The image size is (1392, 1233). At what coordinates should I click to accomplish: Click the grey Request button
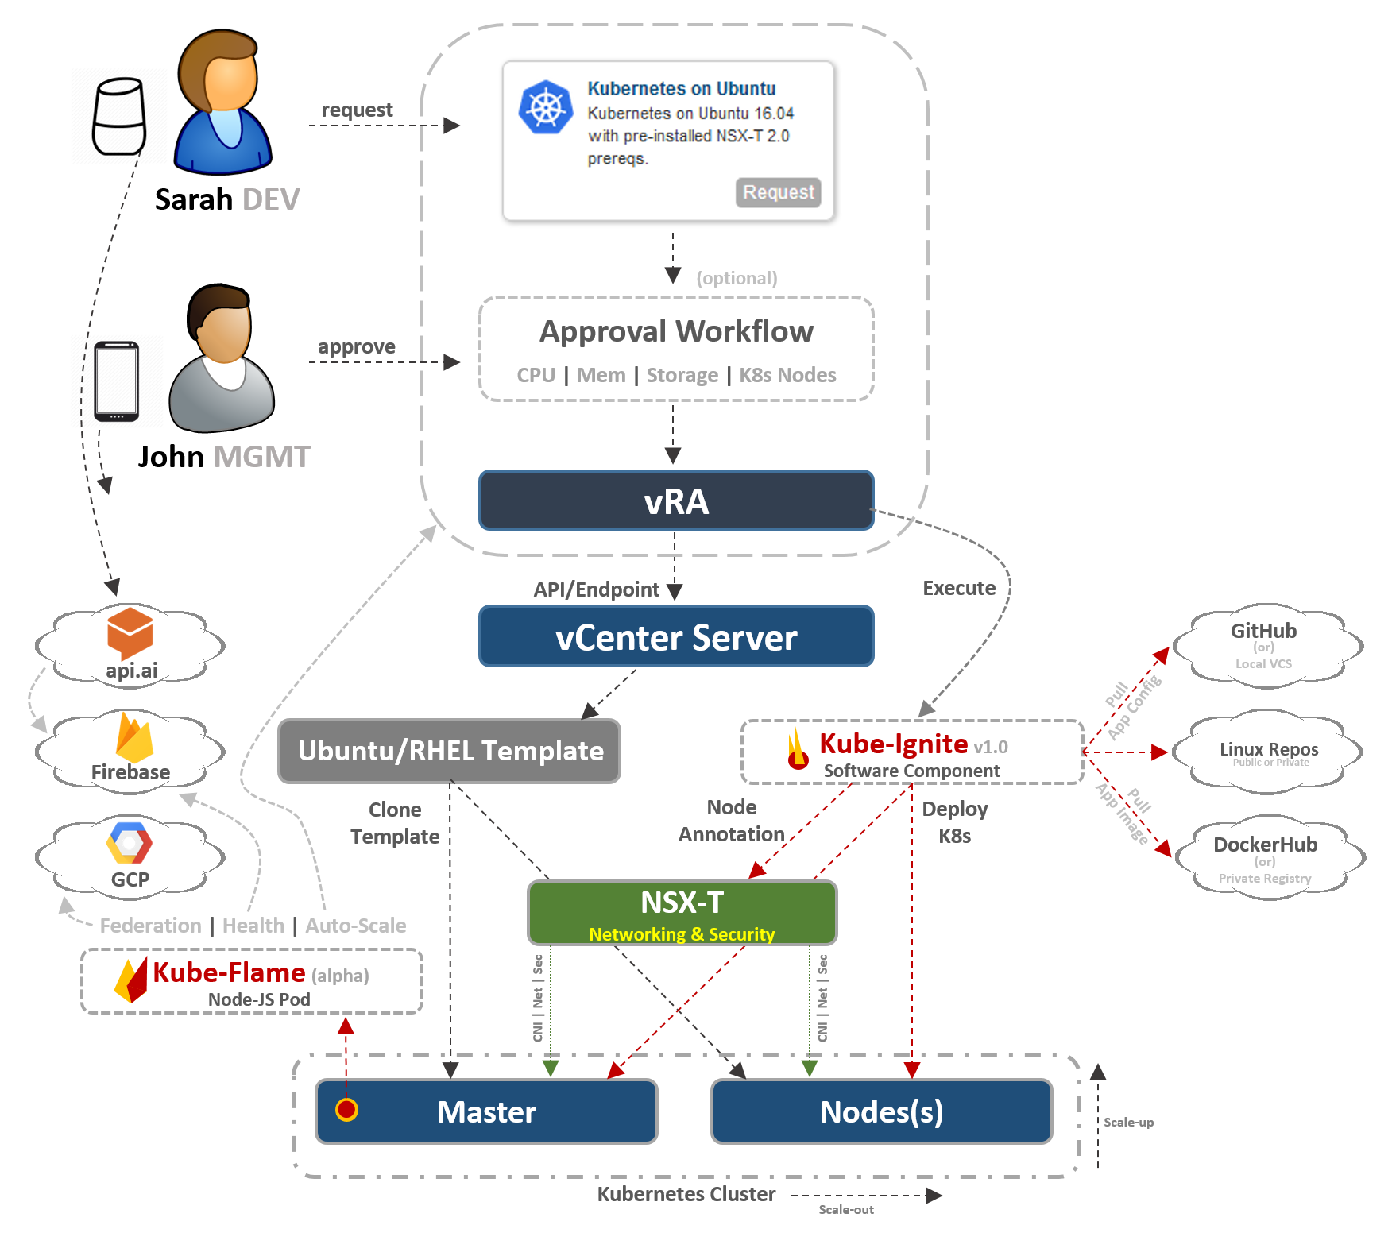click(x=778, y=192)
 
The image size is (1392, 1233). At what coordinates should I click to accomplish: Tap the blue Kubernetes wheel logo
click(x=546, y=107)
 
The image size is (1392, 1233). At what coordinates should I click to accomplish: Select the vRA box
click(x=676, y=501)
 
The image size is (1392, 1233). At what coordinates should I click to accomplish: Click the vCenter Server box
click(x=676, y=636)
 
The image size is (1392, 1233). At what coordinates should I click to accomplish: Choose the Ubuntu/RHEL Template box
click(x=449, y=751)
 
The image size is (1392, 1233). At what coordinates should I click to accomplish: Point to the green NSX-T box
click(x=682, y=912)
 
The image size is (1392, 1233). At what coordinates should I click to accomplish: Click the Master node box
click(x=486, y=1111)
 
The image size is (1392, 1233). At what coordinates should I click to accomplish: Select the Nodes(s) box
click(x=881, y=1111)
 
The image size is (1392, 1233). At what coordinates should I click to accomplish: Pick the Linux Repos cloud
click(x=1268, y=752)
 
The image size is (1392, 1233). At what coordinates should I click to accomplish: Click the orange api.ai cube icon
click(x=130, y=632)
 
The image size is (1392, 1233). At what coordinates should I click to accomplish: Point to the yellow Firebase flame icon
click(x=134, y=738)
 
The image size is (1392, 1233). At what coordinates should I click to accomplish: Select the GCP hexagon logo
click(x=130, y=843)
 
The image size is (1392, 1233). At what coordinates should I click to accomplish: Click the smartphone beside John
click(x=116, y=381)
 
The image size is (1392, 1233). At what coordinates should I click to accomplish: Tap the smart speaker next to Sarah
click(x=119, y=116)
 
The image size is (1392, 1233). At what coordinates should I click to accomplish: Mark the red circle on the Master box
click(x=346, y=1109)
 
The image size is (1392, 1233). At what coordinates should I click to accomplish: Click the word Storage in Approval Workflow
click(x=682, y=375)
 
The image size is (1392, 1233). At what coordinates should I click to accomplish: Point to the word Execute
click(x=959, y=588)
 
